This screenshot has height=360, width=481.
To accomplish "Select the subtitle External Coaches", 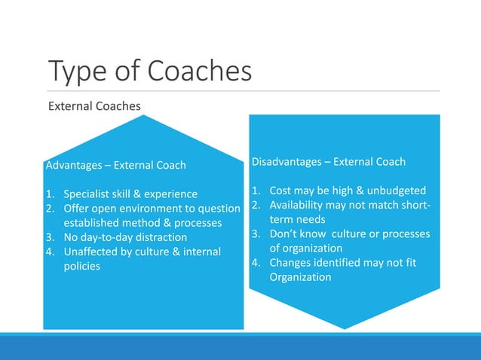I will [x=94, y=106].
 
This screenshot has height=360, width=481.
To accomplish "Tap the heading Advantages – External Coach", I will [x=116, y=165].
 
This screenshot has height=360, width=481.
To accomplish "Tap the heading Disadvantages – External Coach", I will [x=328, y=161].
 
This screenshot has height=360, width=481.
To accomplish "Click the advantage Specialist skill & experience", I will [x=130, y=194].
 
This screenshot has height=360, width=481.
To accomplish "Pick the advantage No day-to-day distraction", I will [x=125, y=237].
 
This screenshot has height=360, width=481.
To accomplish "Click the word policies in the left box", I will [x=81, y=266].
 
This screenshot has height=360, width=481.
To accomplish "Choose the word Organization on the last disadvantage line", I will [x=300, y=276].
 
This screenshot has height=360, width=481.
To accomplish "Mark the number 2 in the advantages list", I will [x=49, y=209].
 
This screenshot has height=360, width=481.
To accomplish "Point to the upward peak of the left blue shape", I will [x=143, y=117].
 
